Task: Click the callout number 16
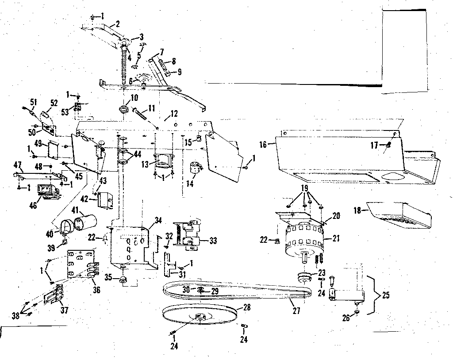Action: [263, 145]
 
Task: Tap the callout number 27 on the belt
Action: [296, 311]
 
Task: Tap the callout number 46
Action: [33, 205]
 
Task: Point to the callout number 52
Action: [54, 103]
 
